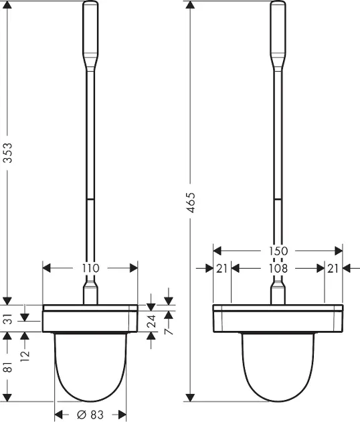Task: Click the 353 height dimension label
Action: [8, 153]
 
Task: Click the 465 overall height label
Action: [191, 202]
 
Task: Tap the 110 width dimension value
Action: [90, 268]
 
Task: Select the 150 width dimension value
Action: [278, 251]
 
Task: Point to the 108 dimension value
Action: [278, 269]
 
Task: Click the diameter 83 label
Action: [90, 415]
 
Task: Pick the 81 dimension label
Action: [8, 366]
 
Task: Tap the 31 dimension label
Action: [8, 319]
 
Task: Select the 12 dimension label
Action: [25, 356]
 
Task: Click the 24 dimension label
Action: [152, 321]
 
